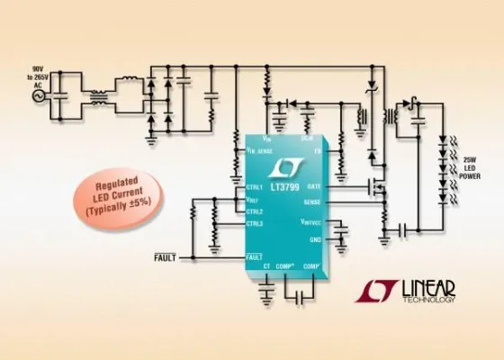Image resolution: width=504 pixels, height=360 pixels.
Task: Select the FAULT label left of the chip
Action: pos(166,258)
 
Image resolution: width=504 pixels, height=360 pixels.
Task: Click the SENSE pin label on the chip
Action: pos(336,202)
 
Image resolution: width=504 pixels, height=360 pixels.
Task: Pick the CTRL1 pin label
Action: pos(255,186)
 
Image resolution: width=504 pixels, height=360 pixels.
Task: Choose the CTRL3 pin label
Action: pos(255,222)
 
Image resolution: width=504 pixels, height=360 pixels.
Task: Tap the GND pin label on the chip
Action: pos(339,239)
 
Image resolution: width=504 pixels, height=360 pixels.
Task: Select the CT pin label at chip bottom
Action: pos(266,267)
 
